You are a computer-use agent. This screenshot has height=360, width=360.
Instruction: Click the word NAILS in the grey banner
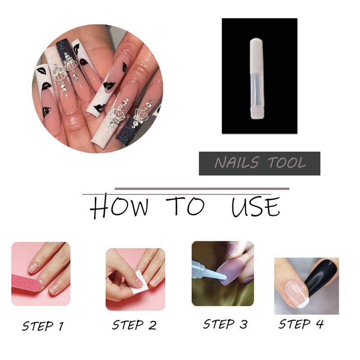(237, 162)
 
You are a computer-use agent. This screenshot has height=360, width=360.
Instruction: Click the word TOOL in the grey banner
(287, 162)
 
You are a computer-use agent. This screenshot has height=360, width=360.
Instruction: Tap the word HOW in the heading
(119, 206)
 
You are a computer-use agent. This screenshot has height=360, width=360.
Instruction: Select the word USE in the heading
(256, 207)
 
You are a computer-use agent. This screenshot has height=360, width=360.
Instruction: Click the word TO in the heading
(185, 206)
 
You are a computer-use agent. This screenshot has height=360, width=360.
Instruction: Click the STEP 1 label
(43, 326)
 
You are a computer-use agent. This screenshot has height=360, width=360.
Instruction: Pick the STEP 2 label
(134, 325)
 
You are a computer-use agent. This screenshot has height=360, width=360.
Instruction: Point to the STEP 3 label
(225, 324)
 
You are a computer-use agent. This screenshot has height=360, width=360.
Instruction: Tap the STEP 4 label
(301, 324)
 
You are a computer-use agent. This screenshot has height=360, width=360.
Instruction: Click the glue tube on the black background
(257, 78)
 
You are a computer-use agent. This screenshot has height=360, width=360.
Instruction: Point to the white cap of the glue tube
(257, 57)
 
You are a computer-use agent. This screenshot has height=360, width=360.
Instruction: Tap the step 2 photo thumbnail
(135, 279)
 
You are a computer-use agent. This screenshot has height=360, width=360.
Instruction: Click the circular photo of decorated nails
(98, 88)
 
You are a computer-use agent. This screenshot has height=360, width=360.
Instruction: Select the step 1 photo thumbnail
(41, 274)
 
